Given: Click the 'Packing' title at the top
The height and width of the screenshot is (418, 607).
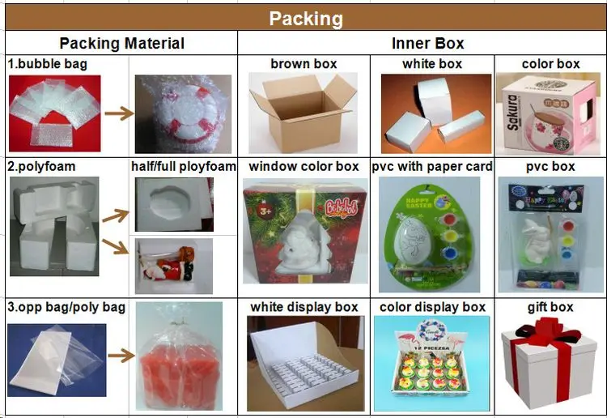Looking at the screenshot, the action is (x=305, y=19).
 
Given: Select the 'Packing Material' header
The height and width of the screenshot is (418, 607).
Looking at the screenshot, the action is (x=122, y=44).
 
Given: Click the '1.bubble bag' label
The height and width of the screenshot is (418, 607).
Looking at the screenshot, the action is (x=48, y=63).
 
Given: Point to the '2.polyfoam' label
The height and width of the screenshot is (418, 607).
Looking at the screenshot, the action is (x=42, y=166).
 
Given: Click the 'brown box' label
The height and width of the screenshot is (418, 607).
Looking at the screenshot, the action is (x=303, y=63).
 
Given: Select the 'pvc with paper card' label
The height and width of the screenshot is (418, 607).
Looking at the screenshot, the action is (x=432, y=166).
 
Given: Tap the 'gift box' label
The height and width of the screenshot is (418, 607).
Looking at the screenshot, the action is (x=550, y=307).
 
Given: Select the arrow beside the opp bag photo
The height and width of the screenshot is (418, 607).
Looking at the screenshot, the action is (x=119, y=355).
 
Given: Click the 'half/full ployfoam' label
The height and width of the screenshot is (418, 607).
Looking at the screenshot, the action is (x=183, y=166).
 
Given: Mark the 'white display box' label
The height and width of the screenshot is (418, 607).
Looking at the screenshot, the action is (x=303, y=307).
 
